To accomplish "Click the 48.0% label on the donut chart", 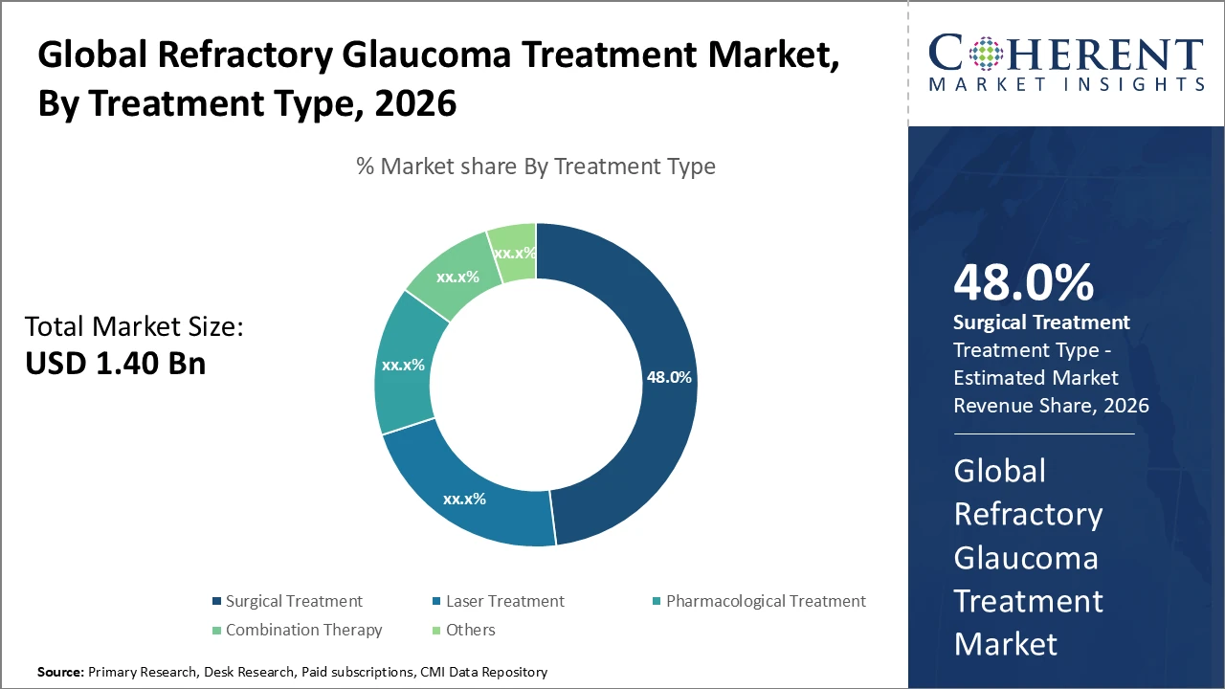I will [669, 377].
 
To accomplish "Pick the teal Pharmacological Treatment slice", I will [403, 365].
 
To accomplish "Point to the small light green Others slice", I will [514, 252].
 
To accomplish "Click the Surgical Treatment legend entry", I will [286, 601].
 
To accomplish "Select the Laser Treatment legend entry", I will [498, 601].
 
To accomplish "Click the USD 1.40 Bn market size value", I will [115, 363].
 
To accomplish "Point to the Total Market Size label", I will [134, 327].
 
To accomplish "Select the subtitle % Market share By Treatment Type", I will [536, 167].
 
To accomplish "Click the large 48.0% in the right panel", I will [1023, 282].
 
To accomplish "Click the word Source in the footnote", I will [60, 672].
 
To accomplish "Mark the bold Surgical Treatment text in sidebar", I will [1041, 322].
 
